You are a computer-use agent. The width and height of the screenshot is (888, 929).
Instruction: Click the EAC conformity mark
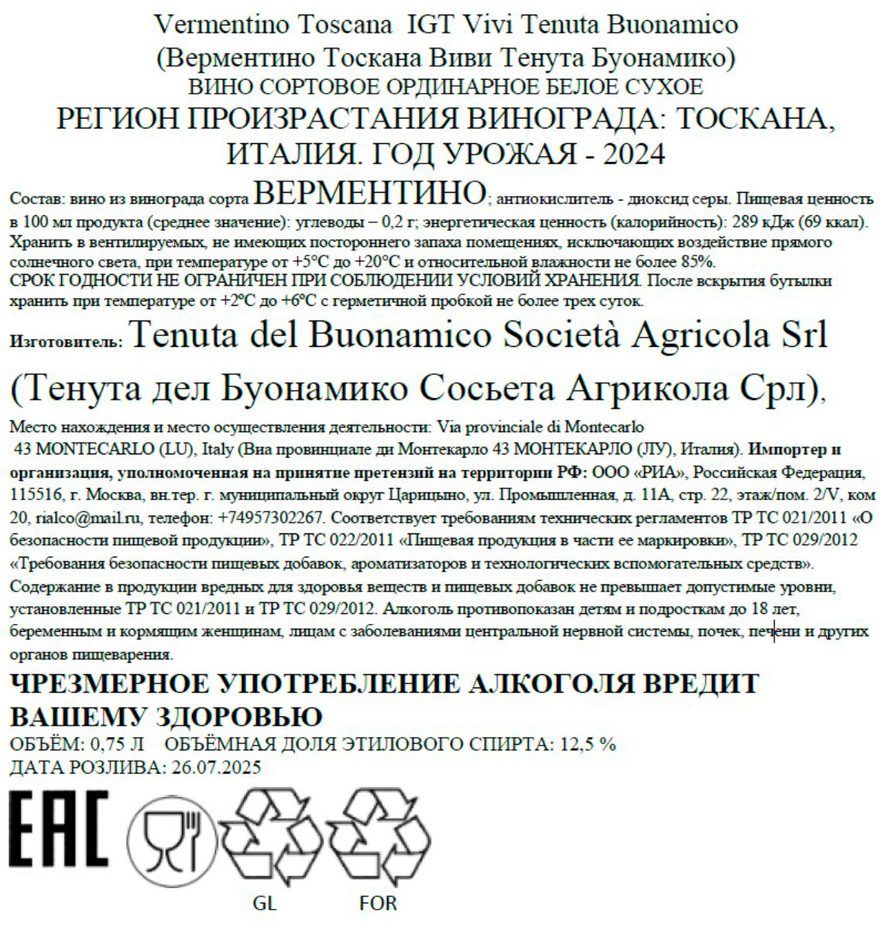tap(59, 828)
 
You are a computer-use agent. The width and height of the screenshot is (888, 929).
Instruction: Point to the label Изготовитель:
tap(66, 341)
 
